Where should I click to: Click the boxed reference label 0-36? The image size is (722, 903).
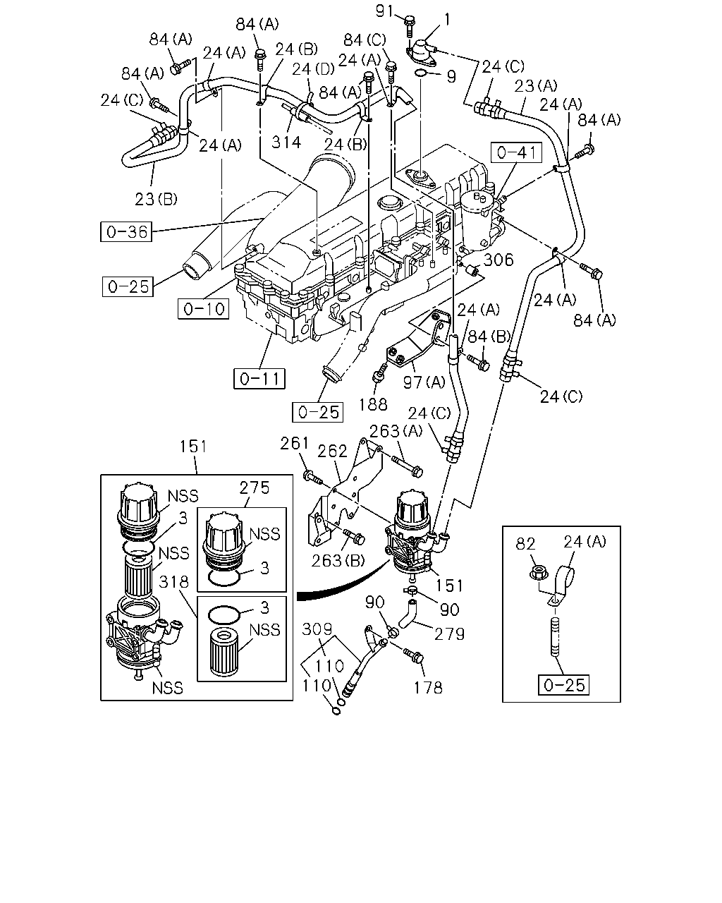coord(126,232)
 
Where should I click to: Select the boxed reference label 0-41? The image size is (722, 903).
coord(517,153)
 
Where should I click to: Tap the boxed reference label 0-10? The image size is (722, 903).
coord(204,309)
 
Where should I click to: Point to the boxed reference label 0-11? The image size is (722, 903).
coord(259,379)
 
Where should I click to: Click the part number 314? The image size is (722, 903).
coord(286,143)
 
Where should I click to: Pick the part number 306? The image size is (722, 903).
coord(498,260)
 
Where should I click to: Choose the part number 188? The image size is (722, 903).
coord(372,404)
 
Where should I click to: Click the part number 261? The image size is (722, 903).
coord(294,443)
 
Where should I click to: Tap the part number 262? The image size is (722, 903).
coord(332,451)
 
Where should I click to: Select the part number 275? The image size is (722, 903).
coord(255,488)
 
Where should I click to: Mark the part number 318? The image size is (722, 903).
coord(173,582)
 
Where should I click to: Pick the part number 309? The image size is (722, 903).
coord(317,629)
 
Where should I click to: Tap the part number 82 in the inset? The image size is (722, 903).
coord(525,544)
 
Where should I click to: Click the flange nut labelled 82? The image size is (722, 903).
coord(537,572)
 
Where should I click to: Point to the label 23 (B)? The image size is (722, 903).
coord(156,199)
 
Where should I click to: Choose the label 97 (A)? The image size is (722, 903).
coord(424,382)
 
